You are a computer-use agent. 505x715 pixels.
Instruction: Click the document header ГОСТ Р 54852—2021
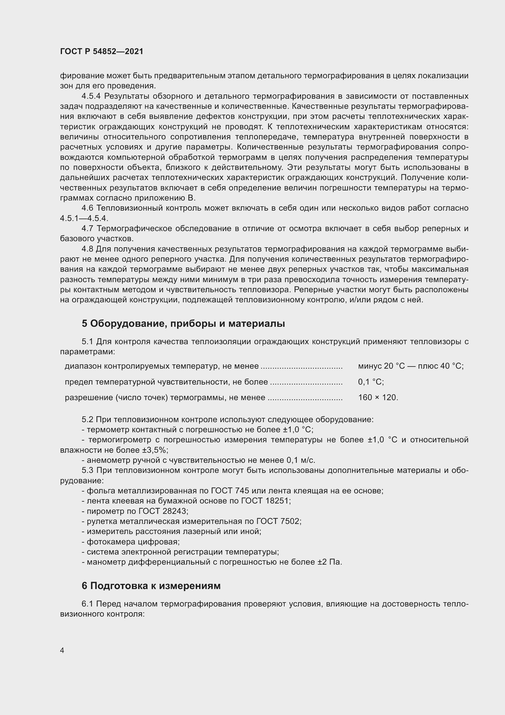point(102,52)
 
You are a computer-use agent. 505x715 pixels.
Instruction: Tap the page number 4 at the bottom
point(62,650)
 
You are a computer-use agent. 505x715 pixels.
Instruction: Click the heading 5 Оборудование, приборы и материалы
point(183,324)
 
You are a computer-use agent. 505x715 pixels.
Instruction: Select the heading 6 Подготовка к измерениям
point(151,586)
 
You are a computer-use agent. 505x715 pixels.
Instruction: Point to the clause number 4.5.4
point(93,96)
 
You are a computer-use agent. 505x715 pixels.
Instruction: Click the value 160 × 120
point(378,398)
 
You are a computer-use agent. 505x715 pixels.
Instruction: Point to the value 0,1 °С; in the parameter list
point(371,382)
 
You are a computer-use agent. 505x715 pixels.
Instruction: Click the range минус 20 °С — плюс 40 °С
point(410,366)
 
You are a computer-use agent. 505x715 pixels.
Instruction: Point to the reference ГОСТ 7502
point(279,521)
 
